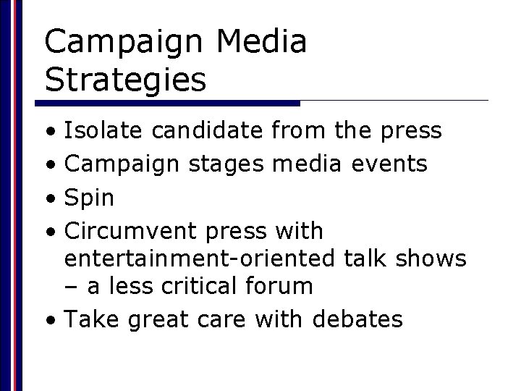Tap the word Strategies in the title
click(x=125, y=79)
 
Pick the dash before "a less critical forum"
click(x=72, y=287)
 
